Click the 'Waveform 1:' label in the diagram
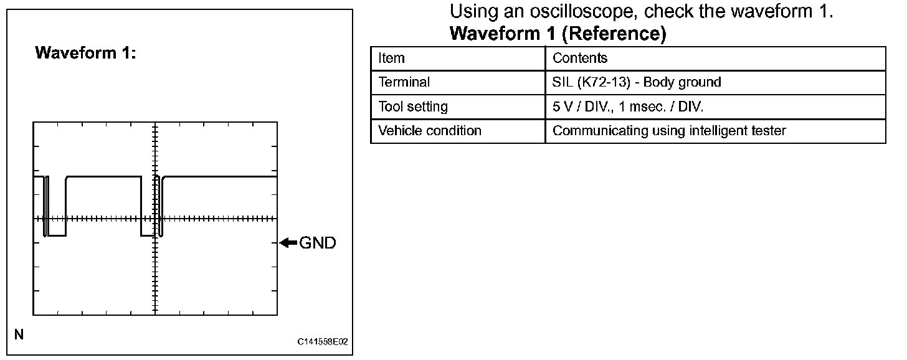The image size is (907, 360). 85,53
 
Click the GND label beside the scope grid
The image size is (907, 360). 318,243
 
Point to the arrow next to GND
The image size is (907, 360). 288,243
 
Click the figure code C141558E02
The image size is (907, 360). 322,342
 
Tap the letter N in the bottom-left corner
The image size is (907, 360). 19,335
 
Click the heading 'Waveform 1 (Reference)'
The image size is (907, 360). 558,34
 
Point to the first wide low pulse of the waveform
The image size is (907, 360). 57,235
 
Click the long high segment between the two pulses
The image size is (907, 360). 103,177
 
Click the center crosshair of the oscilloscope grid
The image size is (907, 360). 154,219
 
